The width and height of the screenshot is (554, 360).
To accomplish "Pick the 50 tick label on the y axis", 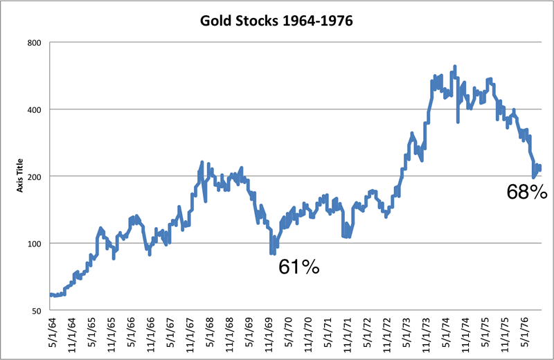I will (36, 311).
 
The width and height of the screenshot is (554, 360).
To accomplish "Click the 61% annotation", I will (298, 267).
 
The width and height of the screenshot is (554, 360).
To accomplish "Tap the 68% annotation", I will (528, 192).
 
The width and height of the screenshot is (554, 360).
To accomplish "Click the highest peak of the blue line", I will (454, 67).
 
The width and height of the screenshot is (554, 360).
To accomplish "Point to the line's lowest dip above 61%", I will (272, 253).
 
